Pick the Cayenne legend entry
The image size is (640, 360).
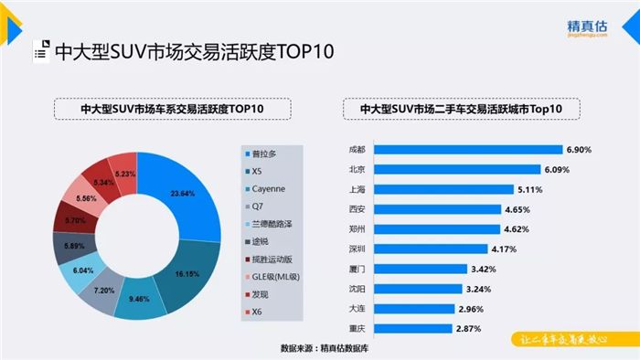pos(273,189)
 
